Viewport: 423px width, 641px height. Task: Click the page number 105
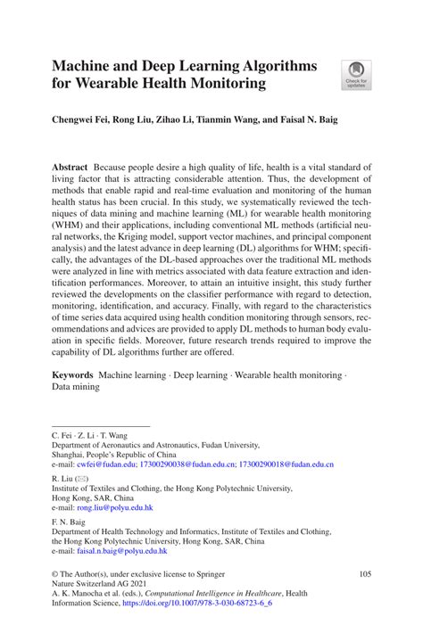364,574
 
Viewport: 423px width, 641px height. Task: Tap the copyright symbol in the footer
55,574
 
